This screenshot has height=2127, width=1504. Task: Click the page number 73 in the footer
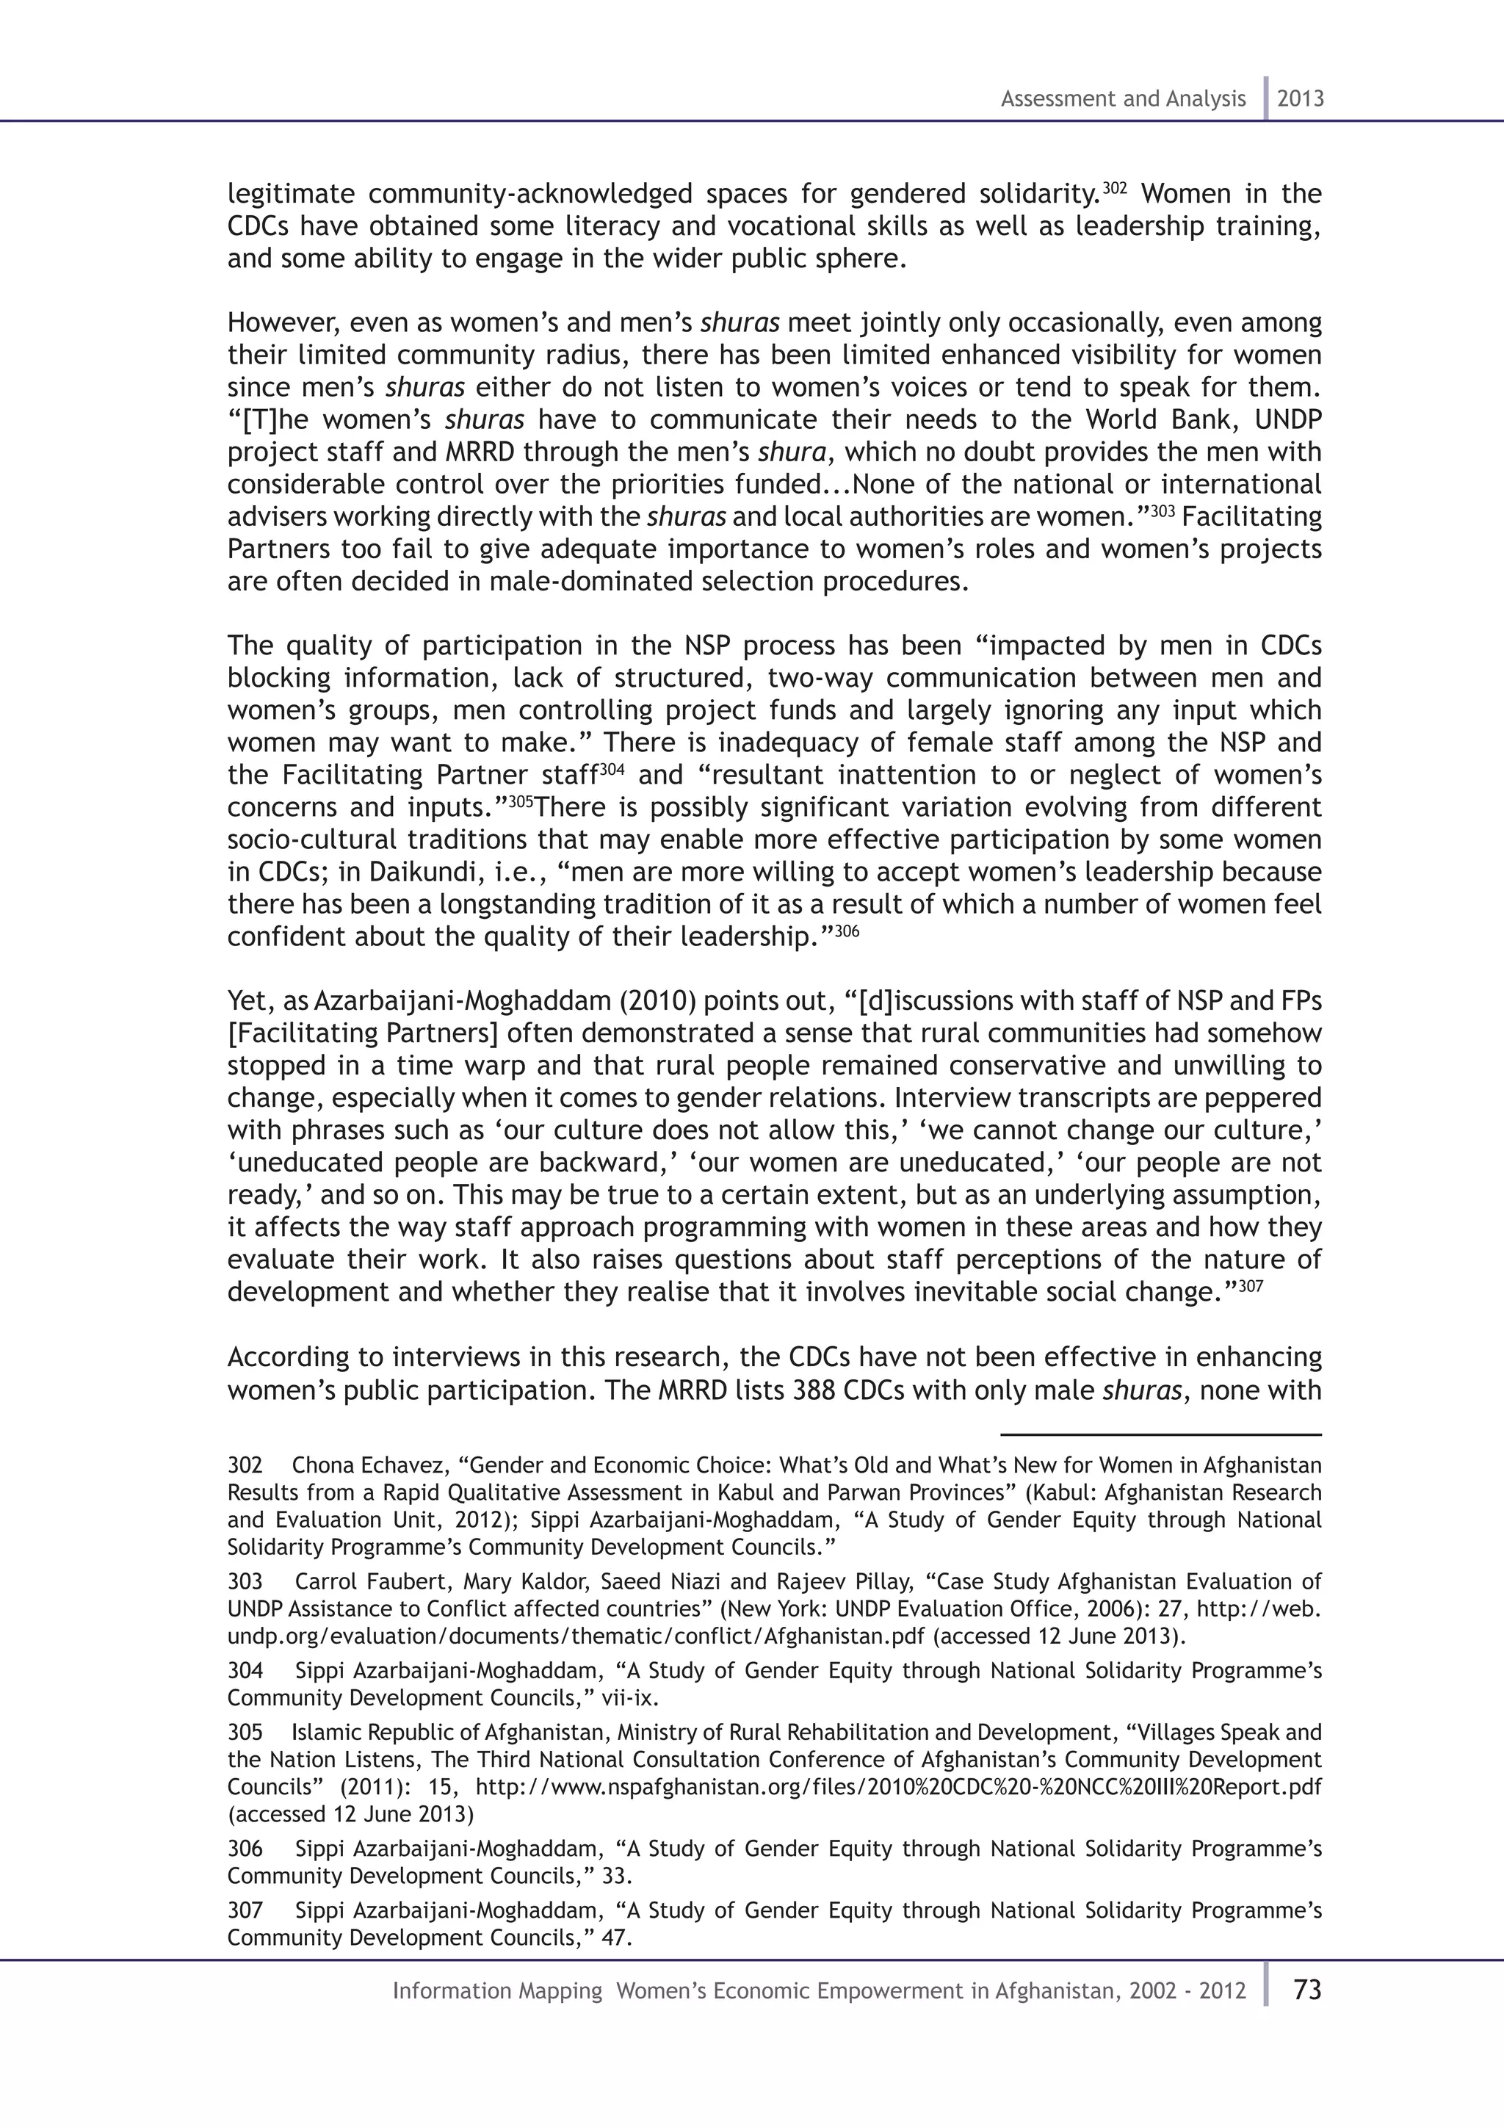coord(1306,1990)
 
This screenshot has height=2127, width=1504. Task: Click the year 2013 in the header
coord(1301,98)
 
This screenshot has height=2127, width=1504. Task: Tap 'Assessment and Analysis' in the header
coord(1122,98)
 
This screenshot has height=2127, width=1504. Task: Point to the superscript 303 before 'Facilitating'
coord(1163,511)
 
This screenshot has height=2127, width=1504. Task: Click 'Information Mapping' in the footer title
coord(497,1991)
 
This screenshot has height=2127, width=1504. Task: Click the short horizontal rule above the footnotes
coord(1160,1435)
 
